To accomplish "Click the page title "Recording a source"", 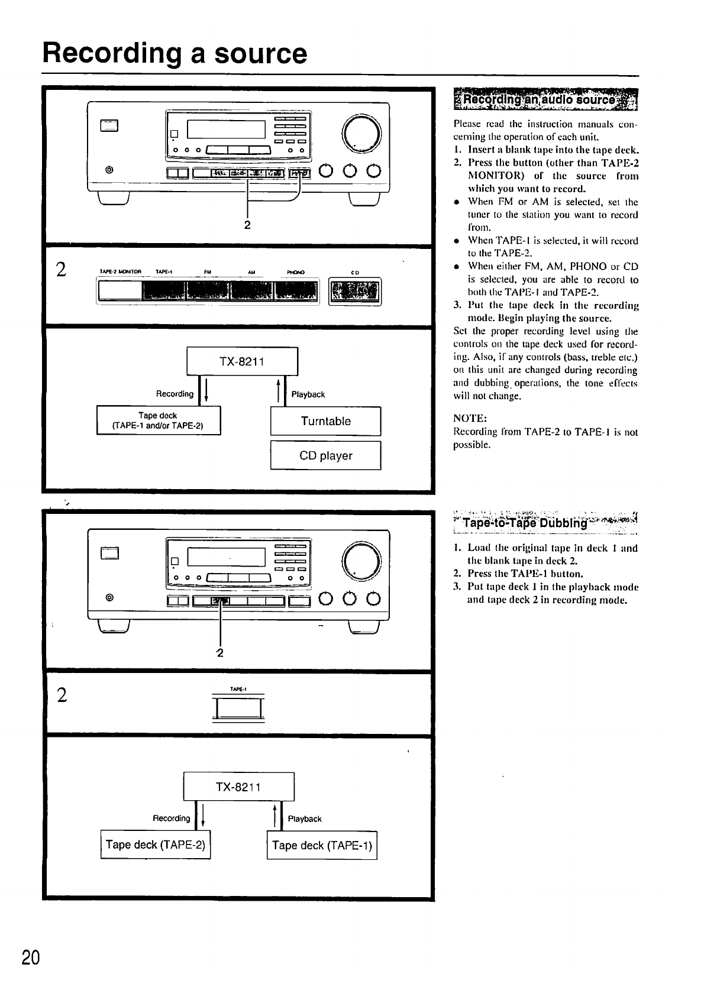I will (x=175, y=53).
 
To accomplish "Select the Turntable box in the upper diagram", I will (x=325, y=421).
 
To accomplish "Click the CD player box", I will (x=325, y=456).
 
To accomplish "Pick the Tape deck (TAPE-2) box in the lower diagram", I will (x=156, y=845).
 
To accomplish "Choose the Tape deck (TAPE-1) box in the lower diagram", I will (x=322, y=845).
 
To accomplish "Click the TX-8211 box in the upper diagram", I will (x=242, y=361).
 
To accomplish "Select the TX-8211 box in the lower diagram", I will (x=238, y=787).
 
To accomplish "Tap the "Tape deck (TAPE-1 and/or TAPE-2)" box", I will (x=158, y=420).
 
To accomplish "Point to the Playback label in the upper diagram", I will (x=308, y=394).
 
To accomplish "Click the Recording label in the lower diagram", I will (x=172, y=818).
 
